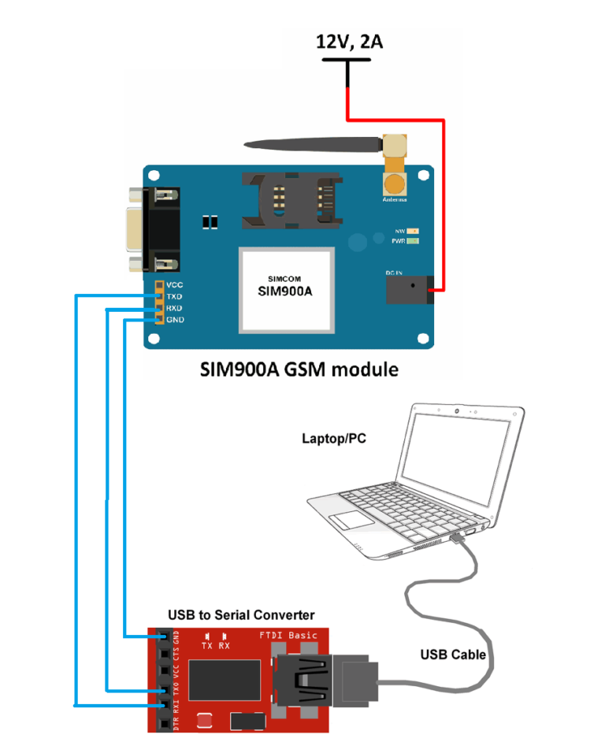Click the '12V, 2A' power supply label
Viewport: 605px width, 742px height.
tap(349, 43)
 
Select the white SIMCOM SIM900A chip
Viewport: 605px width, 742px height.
tap(287, 289)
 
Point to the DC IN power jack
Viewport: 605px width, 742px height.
tap(409, 289)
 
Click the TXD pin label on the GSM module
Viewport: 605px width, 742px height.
tap(175, 297)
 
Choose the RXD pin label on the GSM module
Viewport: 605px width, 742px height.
tap(175, 309)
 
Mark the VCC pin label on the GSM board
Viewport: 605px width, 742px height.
tap(175, 285)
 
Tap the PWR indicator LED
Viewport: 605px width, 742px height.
tap(413, 240)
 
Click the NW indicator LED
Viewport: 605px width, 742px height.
tap(413, 231)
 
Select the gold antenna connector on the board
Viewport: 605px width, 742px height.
tap(394, 184)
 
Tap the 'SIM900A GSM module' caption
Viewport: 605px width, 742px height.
tap(299, 369)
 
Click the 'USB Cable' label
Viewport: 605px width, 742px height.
tap(452, 654)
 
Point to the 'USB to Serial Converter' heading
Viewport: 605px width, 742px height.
tap(241, 614)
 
